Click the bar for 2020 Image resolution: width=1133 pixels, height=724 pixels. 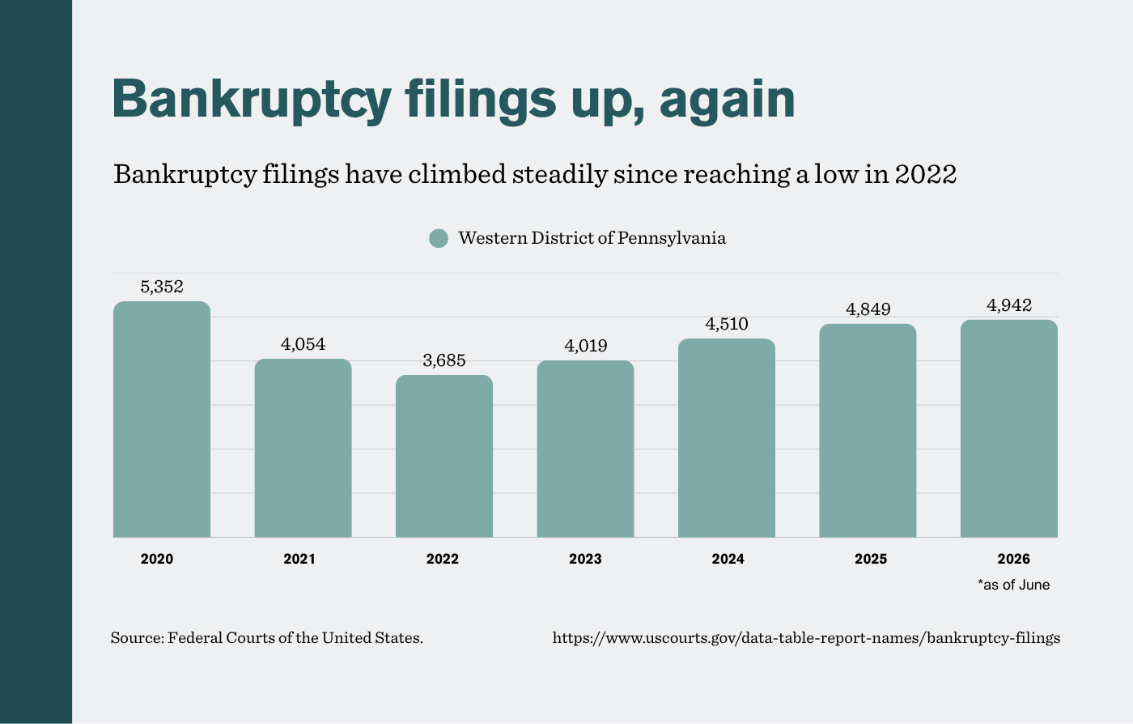click(x=162, y=419)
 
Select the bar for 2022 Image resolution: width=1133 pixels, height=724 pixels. click(x=444, y=456)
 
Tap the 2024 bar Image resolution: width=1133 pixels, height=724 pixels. click(x=727, y=438)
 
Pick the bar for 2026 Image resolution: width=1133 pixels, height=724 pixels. click(x=1009, y=428)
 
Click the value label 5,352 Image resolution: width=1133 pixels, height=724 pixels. click(x=162, y=287)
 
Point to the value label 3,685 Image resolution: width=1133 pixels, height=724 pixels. click(x=444, y=360)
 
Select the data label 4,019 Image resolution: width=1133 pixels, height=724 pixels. click(x=586, y=345)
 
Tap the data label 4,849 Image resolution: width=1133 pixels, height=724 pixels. click(x=868, y=309)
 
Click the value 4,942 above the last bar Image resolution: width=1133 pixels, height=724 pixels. click(x=1009, y=305)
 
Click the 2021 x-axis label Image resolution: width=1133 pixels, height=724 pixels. click(x=299, y=559)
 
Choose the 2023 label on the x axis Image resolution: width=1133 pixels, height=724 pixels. click(x=585, y=559)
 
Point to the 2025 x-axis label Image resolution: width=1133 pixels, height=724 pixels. click(x=871, y=559)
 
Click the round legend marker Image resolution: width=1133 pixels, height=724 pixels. click(x=439, y=238)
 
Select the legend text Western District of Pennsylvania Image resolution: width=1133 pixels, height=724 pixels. click(x=592, y=238)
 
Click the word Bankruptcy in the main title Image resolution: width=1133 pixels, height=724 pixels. click(x=252, y=100)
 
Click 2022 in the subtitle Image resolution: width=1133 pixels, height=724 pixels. click(x=926, y=174)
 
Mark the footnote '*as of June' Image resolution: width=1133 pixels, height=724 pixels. click(x=1013, y=585)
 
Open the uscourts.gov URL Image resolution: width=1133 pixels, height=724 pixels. click(x=806, y=638)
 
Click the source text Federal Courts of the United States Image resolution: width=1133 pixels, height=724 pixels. click(x=295, y=638)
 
